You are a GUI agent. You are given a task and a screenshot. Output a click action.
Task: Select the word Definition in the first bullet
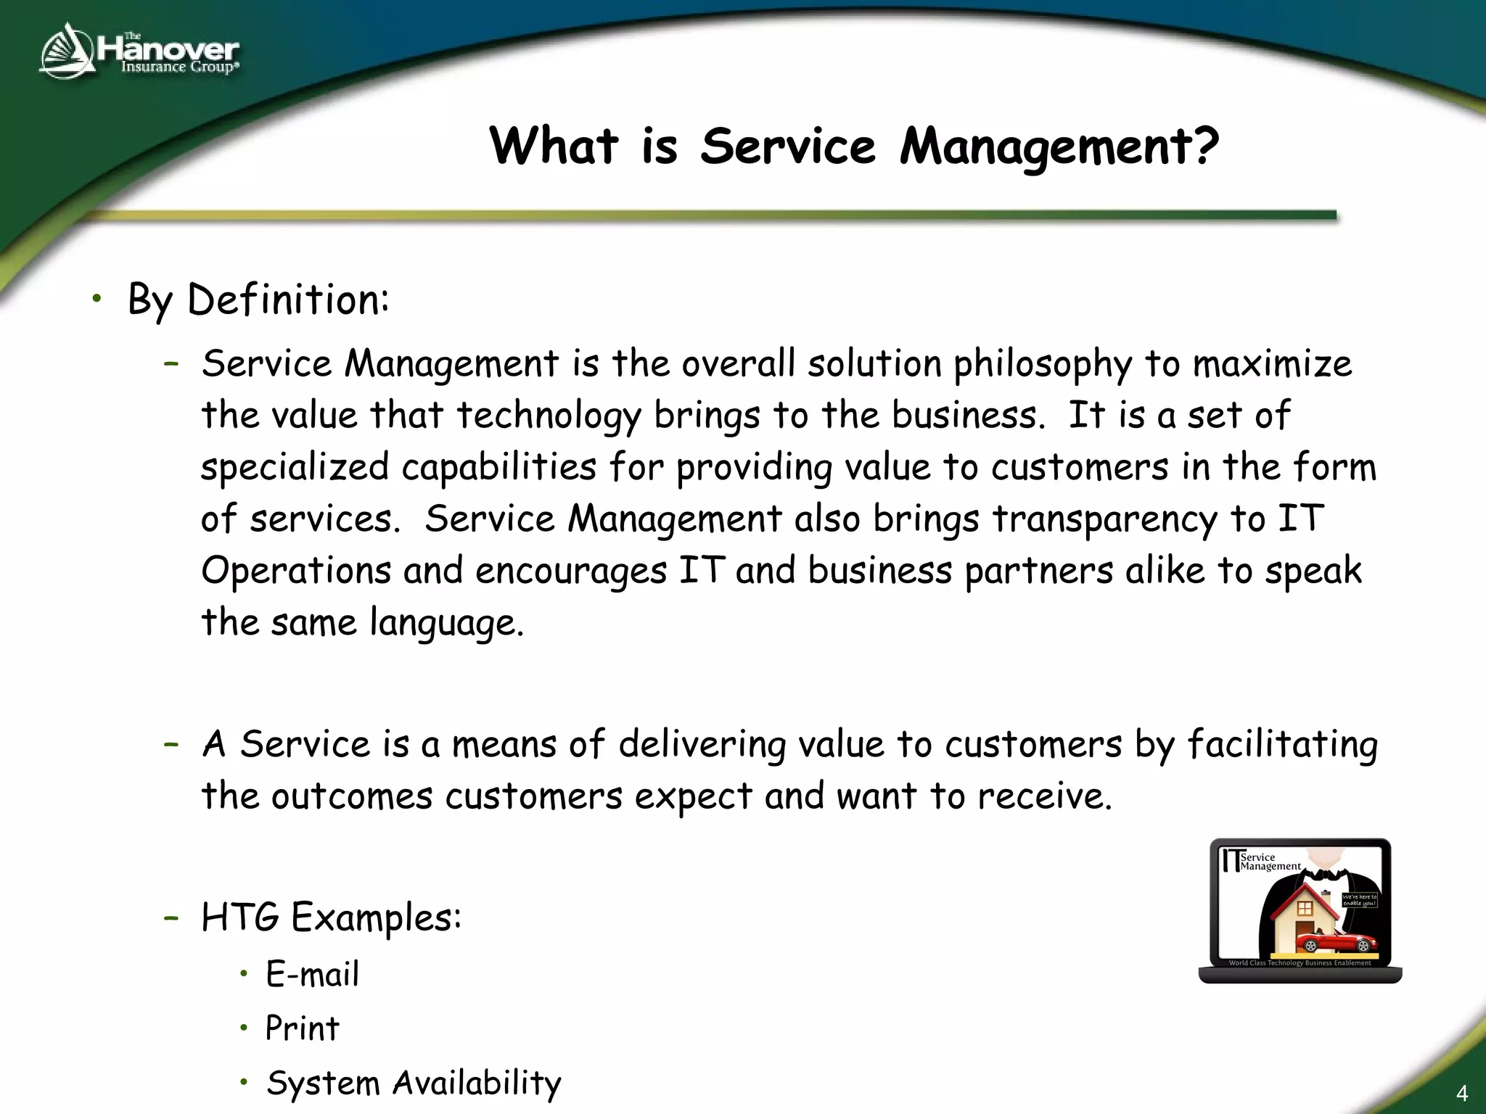coord(287,300)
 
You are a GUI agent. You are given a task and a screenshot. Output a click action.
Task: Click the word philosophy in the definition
coord(1043,365)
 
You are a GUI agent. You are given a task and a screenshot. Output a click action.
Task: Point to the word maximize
coord(1272,363)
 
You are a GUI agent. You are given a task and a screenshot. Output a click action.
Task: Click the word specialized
coord(295,468)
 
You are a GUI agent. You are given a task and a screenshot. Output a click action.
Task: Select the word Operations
coord(296,571)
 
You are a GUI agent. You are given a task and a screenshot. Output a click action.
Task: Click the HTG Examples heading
coord(331,917)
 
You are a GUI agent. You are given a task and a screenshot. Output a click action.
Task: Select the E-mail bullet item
coord(312,974)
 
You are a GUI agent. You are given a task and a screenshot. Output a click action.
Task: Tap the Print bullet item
coord(302,1028)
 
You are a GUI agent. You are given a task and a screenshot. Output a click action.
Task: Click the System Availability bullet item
coord(414,1083)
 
